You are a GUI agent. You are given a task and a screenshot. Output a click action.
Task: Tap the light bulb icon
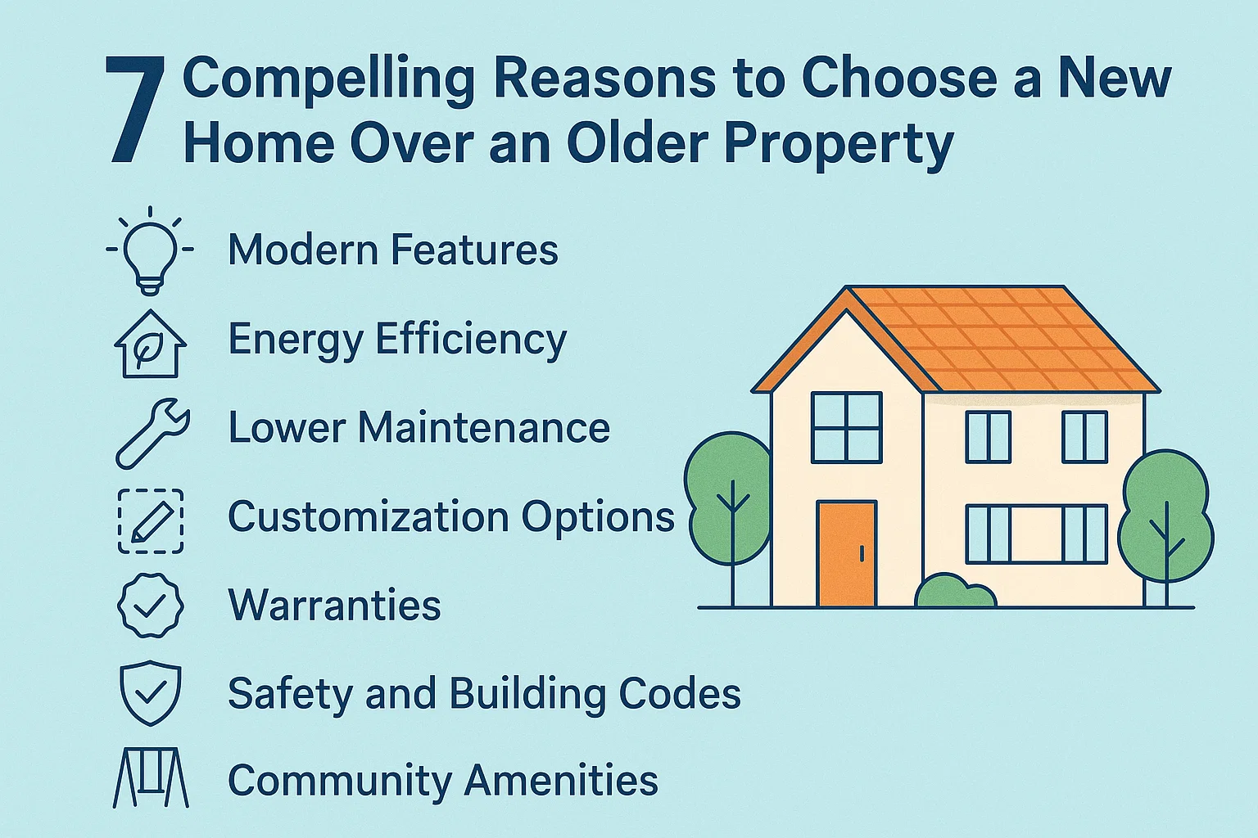click(x=150, y=249)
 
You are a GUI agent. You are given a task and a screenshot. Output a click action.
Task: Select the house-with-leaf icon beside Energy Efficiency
click(x=150, y=344)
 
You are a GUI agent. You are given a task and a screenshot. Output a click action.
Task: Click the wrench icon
click(x=152, y=432)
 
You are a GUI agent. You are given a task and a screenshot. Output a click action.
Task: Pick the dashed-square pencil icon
click(x=151, y=520)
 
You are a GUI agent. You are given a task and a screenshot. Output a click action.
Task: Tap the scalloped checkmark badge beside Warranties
click(x=151, y=606)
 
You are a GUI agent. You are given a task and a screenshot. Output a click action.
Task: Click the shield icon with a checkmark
click(x=151, y=694)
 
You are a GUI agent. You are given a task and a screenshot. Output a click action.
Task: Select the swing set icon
click(x=151, y=777)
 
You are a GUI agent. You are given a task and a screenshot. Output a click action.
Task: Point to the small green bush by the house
click(x=954, y=592)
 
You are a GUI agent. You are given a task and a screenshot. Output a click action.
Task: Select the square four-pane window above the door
click(x=847, y=427)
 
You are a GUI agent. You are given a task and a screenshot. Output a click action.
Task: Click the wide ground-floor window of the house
click(x=1036, y=534)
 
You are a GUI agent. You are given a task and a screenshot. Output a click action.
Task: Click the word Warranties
click(x=334, y=606)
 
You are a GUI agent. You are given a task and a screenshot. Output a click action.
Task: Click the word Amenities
click(x=561, y=780)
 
